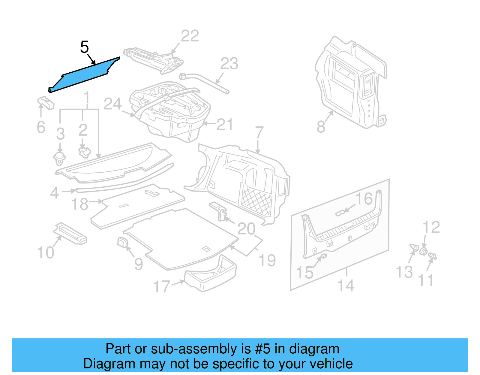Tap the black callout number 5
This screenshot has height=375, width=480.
pos(85,47)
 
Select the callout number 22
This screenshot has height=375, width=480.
pos(190,36)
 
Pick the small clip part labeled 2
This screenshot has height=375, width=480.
pos(84,152)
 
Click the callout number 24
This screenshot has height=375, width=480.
pos(112,104)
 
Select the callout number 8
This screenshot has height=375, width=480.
pos(321,126)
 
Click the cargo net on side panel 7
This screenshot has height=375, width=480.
pos(256,200)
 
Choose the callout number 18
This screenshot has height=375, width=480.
pos(80,204)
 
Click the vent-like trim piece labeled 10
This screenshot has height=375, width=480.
pos(70,233)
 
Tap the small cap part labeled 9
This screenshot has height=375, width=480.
pos(122,242)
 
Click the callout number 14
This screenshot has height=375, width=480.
pos(346,286)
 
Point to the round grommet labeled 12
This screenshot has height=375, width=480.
pos(423,251)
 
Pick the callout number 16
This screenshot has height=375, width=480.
pos(364,199)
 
